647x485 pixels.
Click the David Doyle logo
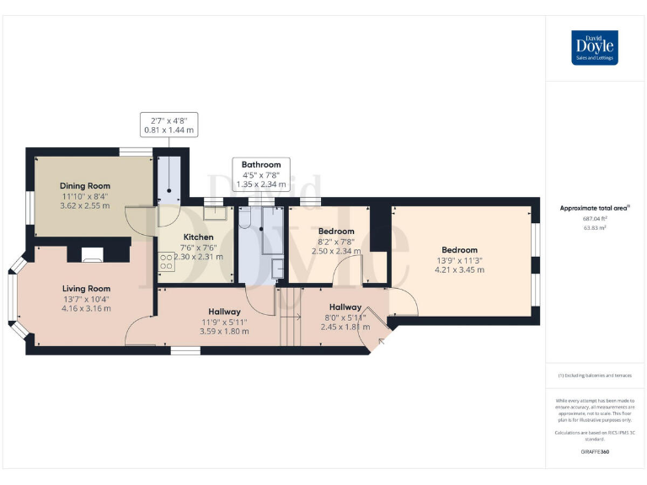tap(595, 47)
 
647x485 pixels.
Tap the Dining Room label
tap(84, 186)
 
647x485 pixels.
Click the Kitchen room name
tap(199, 237)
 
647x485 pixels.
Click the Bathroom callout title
tap(261, 165)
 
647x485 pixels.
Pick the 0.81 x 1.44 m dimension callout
tap(168, 131)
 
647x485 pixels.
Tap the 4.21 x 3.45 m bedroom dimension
tap(459, 269)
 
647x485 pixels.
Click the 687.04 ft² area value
tap(595, 218)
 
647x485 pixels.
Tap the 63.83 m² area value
tap(595, 227)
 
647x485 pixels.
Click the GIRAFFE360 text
tap(595, 452)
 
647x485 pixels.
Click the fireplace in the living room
tap(92, 253)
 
